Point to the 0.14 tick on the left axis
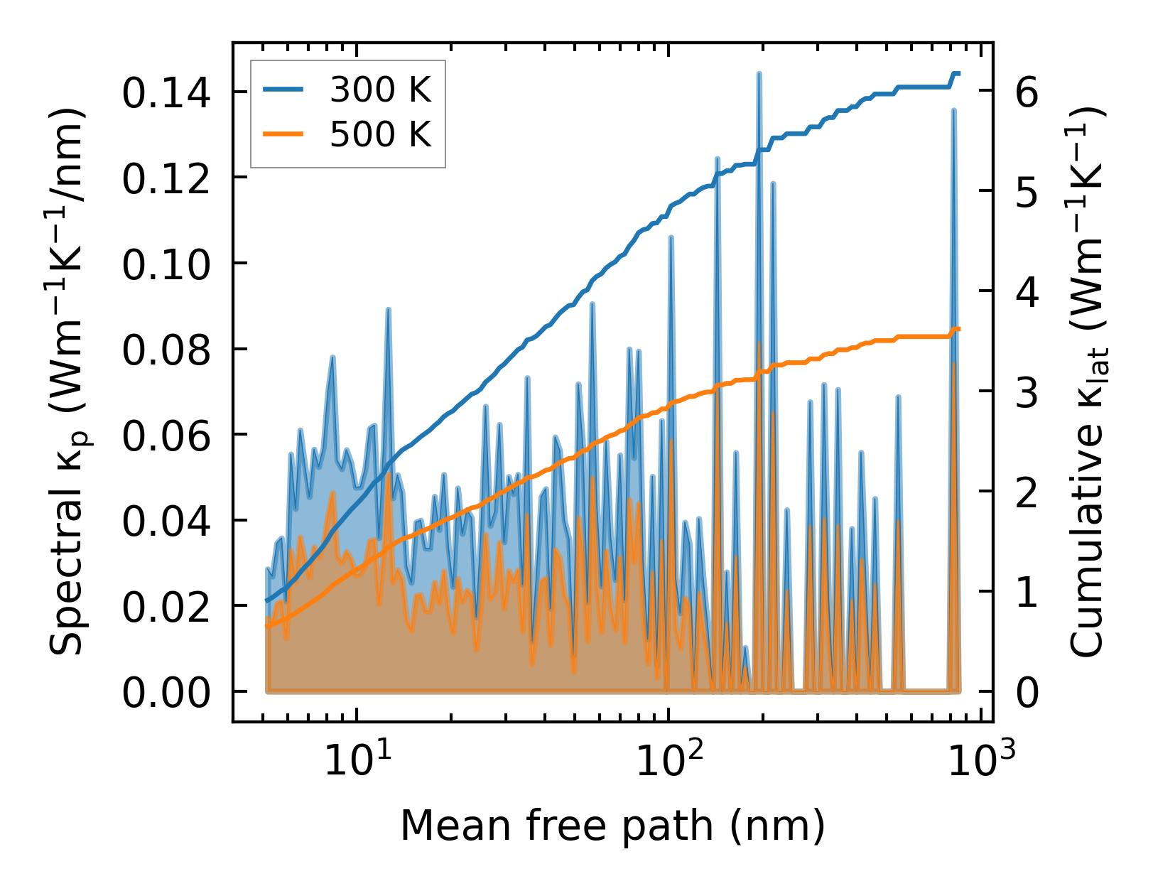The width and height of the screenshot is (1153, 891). click(x=166, y=93)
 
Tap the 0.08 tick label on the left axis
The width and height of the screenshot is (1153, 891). click(x=166, y=350)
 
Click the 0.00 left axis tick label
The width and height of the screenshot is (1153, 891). click(x=166, y=692)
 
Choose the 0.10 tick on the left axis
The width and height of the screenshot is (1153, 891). click(x=166, y=264)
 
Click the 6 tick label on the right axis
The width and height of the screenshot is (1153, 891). click(x=1027, y=92)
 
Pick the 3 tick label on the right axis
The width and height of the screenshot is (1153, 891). click(x=1027, y=392)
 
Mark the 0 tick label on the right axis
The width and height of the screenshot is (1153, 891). click(x=1027, y=692)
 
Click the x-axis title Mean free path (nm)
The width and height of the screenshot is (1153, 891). click(x=612, y=826)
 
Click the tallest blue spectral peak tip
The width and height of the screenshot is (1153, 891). click(x=759, y=73)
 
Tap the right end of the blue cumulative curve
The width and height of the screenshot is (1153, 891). click(x=959, y=73)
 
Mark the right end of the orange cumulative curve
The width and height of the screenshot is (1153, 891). click(x=959, y=328)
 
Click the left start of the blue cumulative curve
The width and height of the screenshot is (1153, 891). click(x=267, y=601)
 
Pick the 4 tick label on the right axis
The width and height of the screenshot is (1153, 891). click(x=1027, y=292)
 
